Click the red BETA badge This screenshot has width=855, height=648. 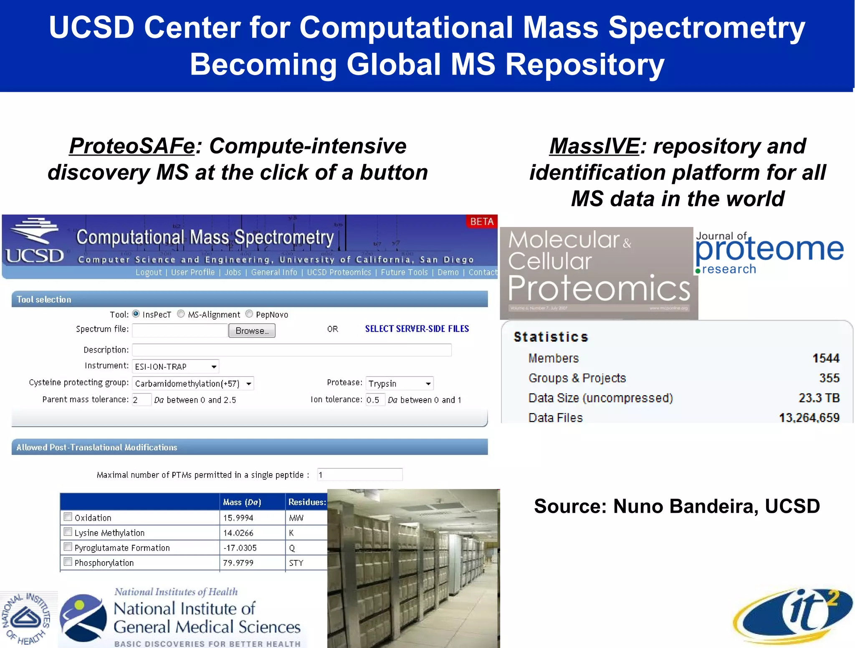[x=482, y=222]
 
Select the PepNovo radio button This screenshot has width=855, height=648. [x=249, y=314]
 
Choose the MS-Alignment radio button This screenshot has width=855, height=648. [x=181, y=314]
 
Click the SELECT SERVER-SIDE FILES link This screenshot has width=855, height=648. [x=417, y=329]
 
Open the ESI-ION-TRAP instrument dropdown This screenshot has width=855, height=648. [x=214, y=367]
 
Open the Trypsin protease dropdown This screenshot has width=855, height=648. [x=428, y=383]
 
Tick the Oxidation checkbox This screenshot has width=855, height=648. [x=68, y=517]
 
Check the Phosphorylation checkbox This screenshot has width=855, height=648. [x=68, y=562]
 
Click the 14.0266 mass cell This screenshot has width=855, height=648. [x=238, y=533]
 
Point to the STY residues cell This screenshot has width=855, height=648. [x=296, y=563]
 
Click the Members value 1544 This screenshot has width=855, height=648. [x=825, y=358]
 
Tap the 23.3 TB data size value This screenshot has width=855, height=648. [x=819, y=398]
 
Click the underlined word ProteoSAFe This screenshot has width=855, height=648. [x=132, y=146]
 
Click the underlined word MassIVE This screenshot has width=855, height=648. [x=594, y=146]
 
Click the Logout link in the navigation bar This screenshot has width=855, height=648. [x=149, y=272]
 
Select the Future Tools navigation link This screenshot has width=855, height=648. [x=404, y=272]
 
